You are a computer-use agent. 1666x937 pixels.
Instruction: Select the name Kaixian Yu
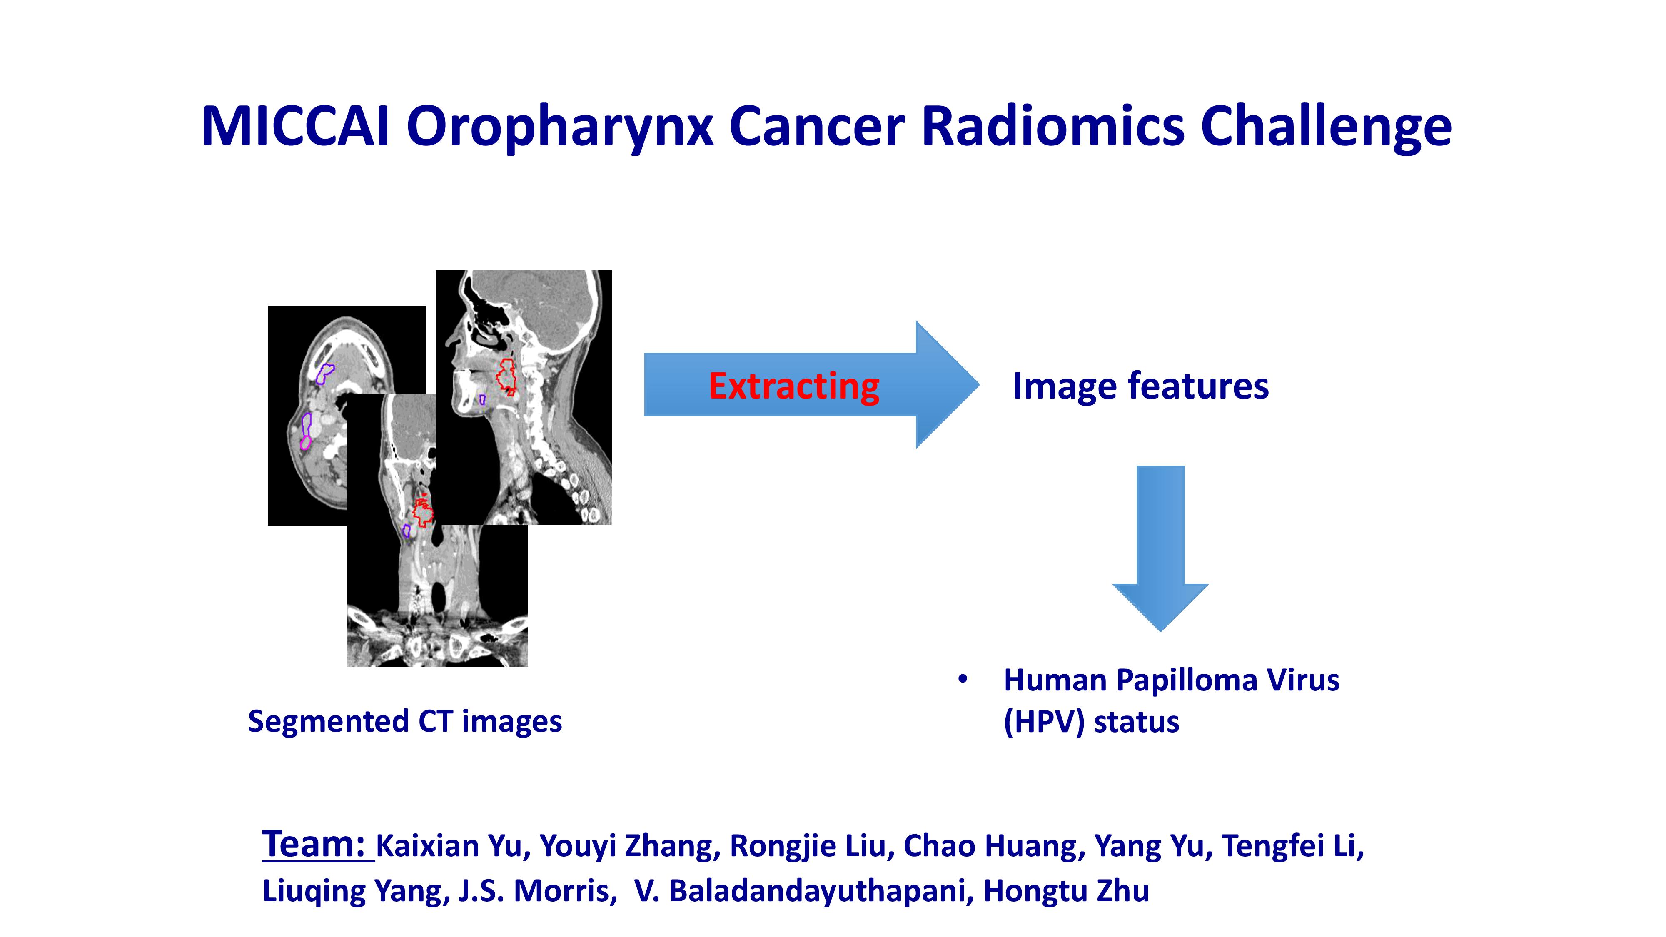(449, 846)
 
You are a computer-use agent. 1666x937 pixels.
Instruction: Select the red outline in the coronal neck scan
(424, 511)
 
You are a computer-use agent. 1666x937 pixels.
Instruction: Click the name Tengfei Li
(1292, 846)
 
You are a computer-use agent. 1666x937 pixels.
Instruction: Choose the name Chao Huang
(994, 846)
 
